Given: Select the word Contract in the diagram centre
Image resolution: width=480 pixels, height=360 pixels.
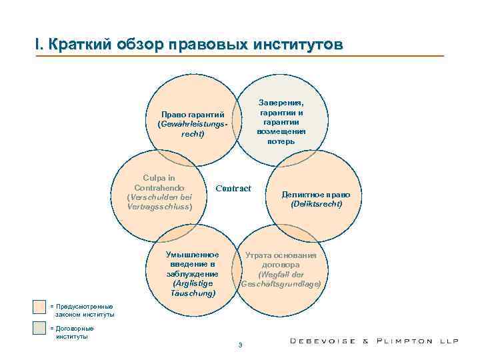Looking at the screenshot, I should [x=233, y=189].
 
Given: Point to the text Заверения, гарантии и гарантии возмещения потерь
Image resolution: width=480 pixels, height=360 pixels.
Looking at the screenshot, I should [x=281, y=122].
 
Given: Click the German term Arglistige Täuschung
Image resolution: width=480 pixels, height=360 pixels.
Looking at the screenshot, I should [x=193, y=288].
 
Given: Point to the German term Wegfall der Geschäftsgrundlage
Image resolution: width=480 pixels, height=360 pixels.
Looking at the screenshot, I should [x=281, y=279].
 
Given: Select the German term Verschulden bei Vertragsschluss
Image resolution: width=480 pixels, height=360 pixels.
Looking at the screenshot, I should [x=159, y=202].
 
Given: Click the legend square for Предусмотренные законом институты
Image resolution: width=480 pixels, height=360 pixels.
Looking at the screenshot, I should [x=39, y=307].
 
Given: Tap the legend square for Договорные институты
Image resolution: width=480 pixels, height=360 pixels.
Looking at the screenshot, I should [x=39, y=328].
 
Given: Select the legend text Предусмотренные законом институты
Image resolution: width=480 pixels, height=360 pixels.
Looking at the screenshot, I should [x=83, y=310].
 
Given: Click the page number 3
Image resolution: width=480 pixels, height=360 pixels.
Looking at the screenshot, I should [x=240, y=345].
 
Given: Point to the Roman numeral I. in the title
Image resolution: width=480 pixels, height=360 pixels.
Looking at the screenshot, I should [x=38, y=45].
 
